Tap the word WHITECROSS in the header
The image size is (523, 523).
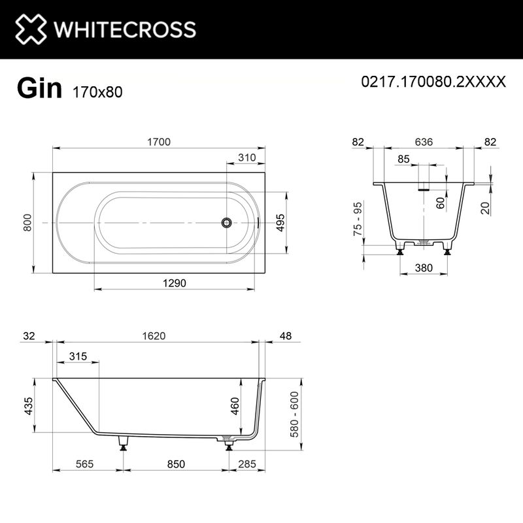pos(124,29)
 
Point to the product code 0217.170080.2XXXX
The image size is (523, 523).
pos(433,82)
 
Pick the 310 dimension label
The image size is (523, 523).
pos(246,158)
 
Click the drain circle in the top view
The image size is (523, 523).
pos(226,223)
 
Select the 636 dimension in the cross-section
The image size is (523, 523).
pos(424,143)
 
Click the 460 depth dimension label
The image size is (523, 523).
pos(235,408)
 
